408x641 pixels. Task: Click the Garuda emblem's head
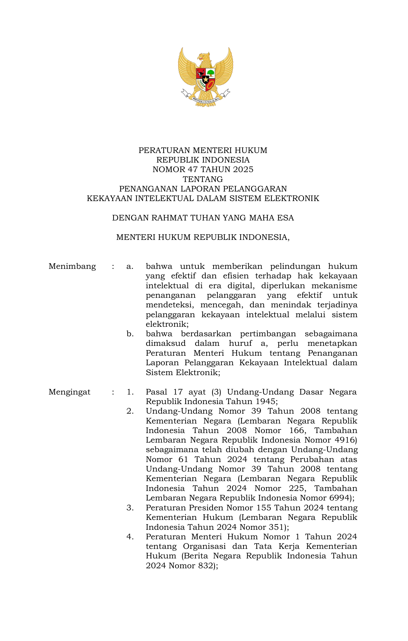(x=205, y=57)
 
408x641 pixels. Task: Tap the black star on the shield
(x=206, y=79)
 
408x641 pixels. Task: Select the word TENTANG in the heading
(x=203, y=179)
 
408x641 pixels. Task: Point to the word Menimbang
(x=72, y=266)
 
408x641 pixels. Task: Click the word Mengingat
(x=69, y=392)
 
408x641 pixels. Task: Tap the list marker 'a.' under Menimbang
(x=130, y=266)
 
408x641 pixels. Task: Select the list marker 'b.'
(x=130, y=334)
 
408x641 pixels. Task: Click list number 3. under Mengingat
(x=130, y=508)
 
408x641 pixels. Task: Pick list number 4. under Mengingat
(x=130, y=537)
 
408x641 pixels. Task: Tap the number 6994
(x=339, y=498)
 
